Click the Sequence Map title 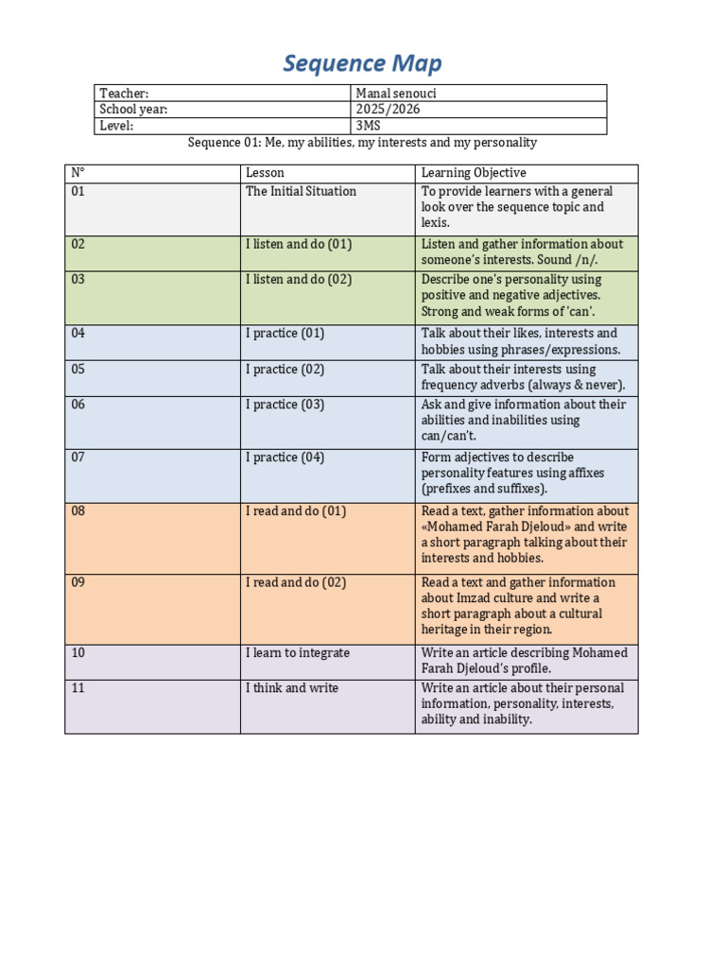[x=362, y=64]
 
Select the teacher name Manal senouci [x=397, y=94]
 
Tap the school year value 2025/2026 [x=388, y=110]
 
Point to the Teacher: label [x=124, y=94]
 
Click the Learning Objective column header [x=473, y=173]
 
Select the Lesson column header [x=265, y=173]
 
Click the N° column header [x=78, y=173]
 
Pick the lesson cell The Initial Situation [x=301, y=191]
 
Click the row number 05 [x=78, y=370]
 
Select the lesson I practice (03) [x=285, y=405]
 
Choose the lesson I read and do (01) [x=296, y=511]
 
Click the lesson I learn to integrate [x=298, y=653]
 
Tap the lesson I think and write [x=292, y=688]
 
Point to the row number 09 [x=78, y=582]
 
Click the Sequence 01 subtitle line [x=362, y=143]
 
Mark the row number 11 [x=78, y=688]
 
